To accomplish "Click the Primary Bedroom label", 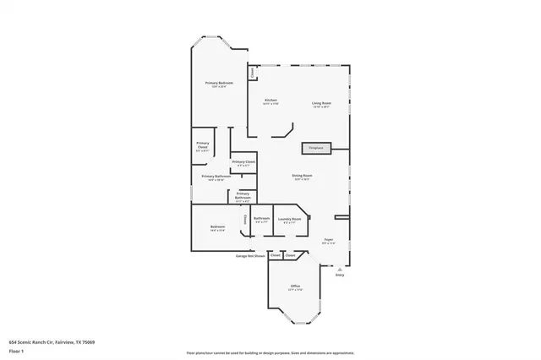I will click(x=219, y=83).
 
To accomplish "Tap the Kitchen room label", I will click(x=270, y=100).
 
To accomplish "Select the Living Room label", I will click(x=321, y=103).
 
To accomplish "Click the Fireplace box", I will click(x=315, y=148).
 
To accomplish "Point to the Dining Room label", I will click(x=303, y=175).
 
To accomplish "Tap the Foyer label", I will click(x=328, y=240).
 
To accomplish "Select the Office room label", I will click(x=296, y=286).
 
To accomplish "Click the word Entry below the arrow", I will click(x=340, y=275).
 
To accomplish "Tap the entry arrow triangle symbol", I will click(x=340, y=269).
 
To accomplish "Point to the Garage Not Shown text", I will click(x=250, y=254).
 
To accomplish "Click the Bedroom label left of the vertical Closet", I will click(x=217, y=226).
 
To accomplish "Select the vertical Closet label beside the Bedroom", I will click(x=246, y=220).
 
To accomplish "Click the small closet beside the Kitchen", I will click(x=252, y=73).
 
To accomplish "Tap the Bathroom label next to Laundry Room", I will click(x=261, y=219).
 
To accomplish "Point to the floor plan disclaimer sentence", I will click(x=270, y=352).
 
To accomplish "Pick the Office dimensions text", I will click(x=296, y=291).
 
